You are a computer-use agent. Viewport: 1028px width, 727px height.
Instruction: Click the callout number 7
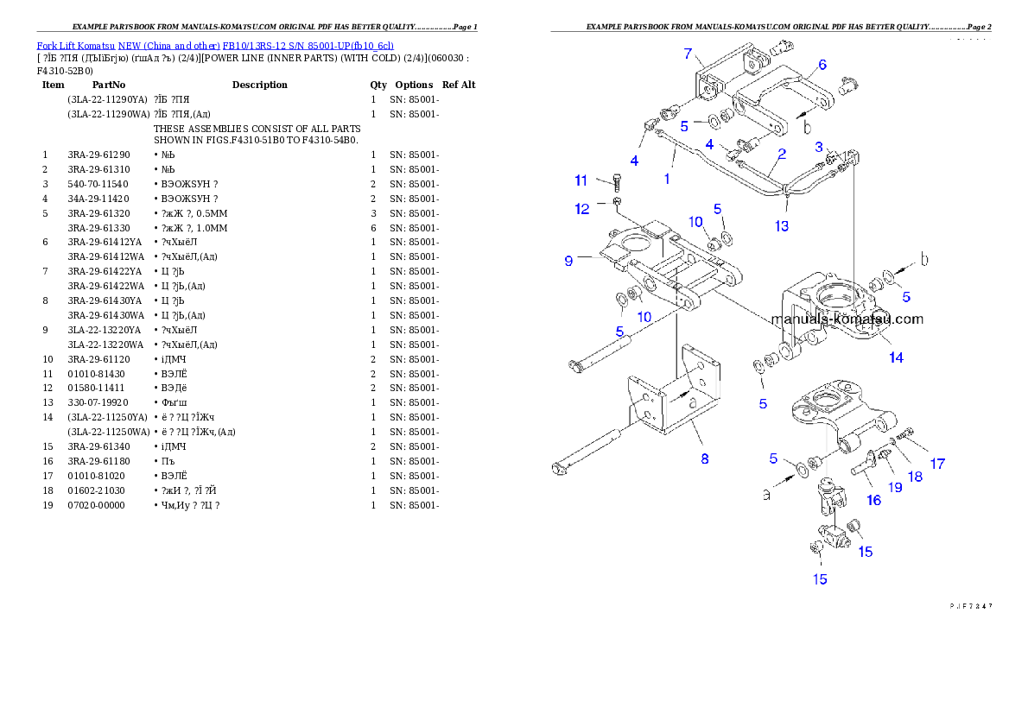pyautogui.click(x=689, y=54)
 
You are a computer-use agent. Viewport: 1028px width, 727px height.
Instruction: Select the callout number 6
pyautogui.click(x=822, y=64)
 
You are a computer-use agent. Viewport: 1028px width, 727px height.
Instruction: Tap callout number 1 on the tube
pyautogui.click(x=667, y=179)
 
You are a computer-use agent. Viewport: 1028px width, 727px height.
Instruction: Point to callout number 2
pyautogui.click(x=781, y=155)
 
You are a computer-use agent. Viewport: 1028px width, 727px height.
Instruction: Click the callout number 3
pyautogui.click(x=819, y=148)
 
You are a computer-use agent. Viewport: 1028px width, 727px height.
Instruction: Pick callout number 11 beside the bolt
pyautogui.click(x=581, y=180)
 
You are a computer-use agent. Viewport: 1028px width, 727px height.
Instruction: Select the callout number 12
pyautogui.click(x=581, y=208)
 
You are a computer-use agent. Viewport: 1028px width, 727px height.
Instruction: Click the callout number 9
pyautogui.click(x=568, y=260)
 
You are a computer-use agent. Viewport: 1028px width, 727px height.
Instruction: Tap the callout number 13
pyautogui.click(x=782, y=226)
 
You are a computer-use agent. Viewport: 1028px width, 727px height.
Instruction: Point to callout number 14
pyautogui.click(x=896, y=357)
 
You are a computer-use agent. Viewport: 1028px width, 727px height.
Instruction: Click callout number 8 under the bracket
pyautogui.click(x=705, y=459)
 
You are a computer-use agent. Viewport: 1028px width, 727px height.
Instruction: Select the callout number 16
pyautogui.click(x=874, y=500)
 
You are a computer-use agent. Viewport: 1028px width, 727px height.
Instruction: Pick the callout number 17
pyautogui.click(x=937, y=464)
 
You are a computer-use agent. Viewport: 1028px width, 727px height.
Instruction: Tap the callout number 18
pyautogui.click(x=914, y=476)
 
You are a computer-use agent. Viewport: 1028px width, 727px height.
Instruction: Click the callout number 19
pyautogui.click(x=895, y=487)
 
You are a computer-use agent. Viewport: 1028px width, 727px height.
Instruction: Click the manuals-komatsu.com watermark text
pyautogui.click(x=847, y=319)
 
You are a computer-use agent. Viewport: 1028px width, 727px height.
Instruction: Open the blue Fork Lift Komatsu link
pyautogui.click(x=215, y=45)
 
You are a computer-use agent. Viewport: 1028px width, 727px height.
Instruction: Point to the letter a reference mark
pyautogui.click(x=765, y=495)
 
